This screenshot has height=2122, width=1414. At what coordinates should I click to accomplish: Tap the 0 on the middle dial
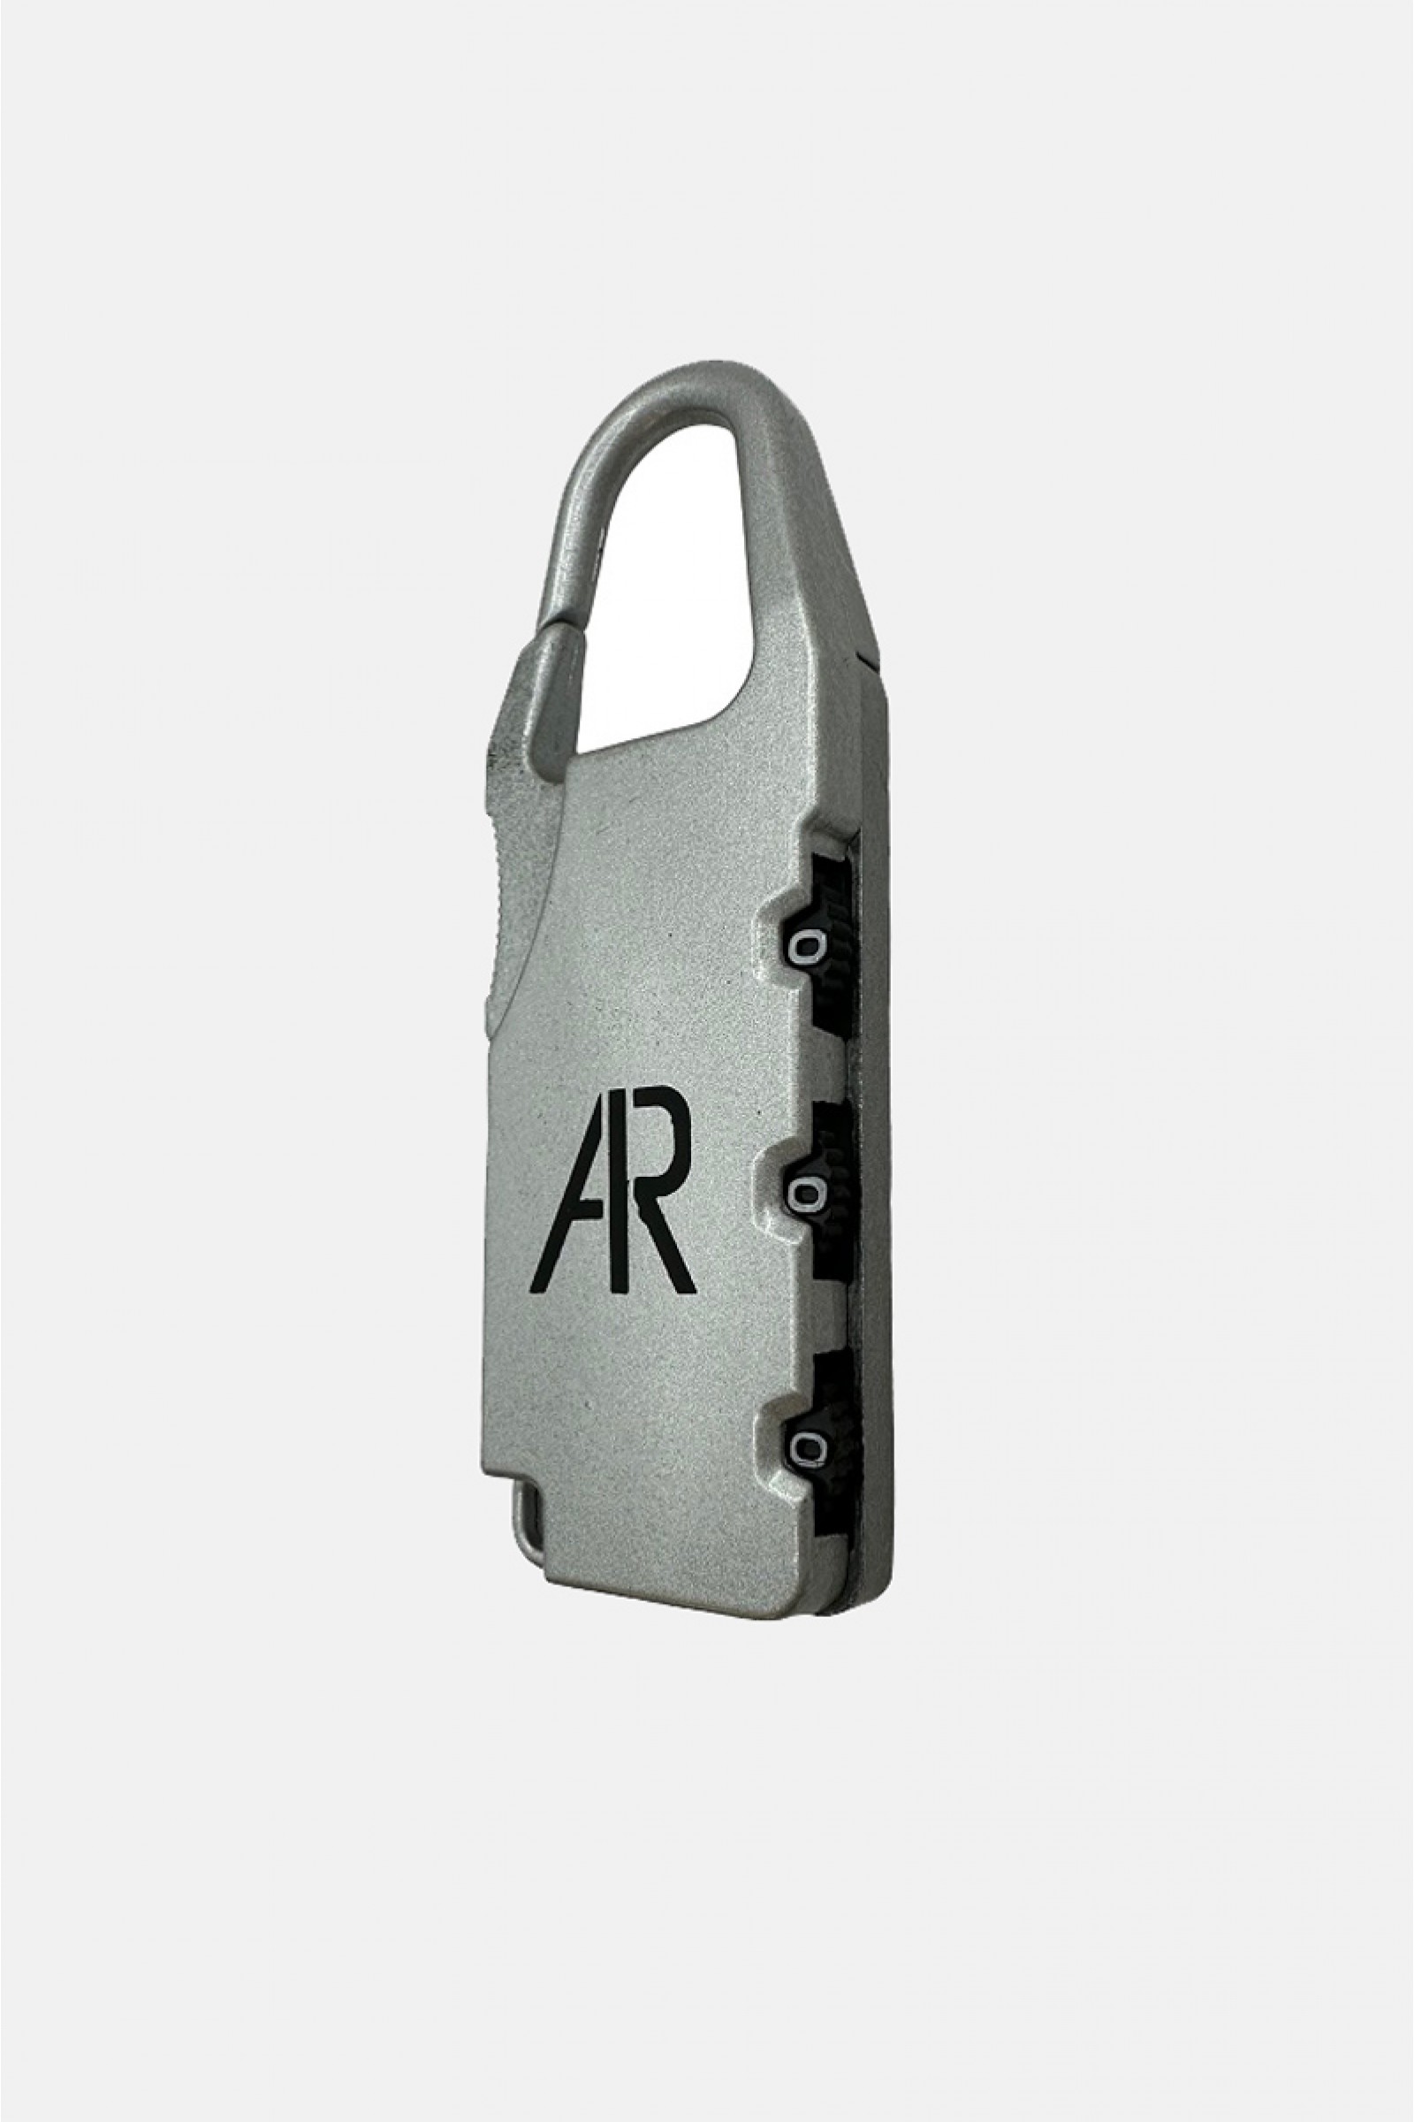[805, 1195]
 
